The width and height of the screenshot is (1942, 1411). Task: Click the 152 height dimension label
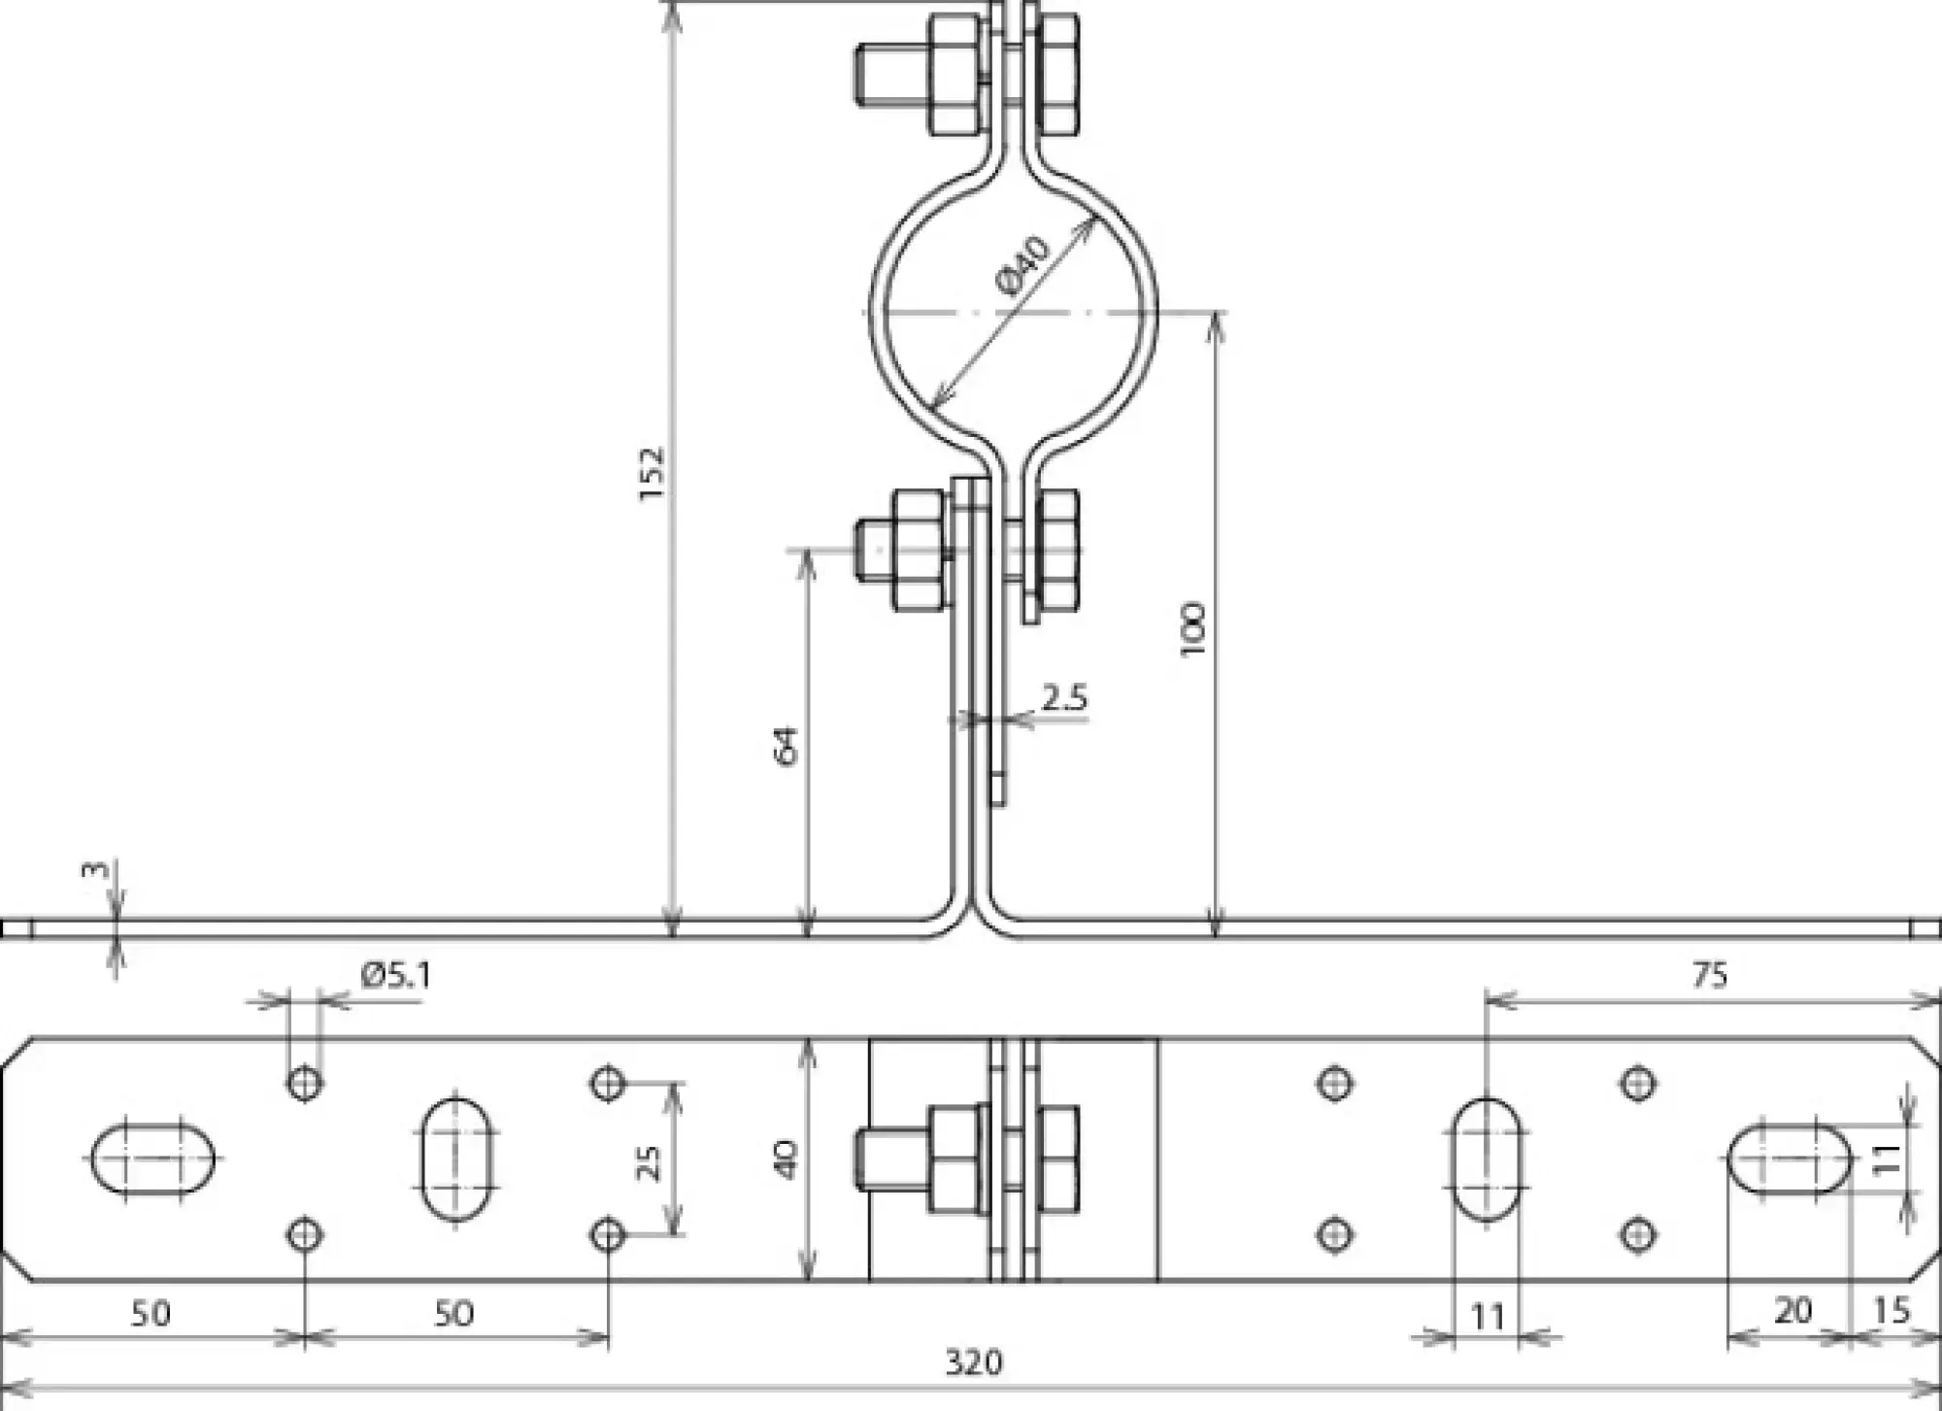coord(653,473)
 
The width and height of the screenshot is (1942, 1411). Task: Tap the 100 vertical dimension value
coord(1193,628)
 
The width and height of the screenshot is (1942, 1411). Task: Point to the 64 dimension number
coord(787,745)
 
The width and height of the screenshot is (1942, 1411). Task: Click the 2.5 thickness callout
coord(1064,697)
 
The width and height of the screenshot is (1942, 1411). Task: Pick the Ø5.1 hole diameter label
coord(395,974)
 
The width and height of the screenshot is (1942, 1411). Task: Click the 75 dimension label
coord(1709,974)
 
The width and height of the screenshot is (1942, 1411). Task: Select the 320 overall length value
coord(973,1363)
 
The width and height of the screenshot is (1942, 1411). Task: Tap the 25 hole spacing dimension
coord(648,1161)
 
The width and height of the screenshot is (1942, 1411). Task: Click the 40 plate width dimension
coord(787,1159)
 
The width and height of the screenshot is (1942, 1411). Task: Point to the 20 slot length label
coord(1792,1311)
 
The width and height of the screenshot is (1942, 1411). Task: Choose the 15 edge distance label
coord(1891,1311)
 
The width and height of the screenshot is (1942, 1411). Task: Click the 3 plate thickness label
coord(95,867)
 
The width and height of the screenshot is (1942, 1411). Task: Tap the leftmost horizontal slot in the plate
coord(152,1159)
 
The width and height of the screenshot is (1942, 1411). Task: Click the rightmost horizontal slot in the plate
coord(1790,1159)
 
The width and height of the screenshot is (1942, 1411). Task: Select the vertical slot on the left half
coord(456,1159)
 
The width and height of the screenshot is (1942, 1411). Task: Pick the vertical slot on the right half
coord(1487,1159)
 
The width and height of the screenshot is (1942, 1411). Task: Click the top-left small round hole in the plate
coord(305,1082)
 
